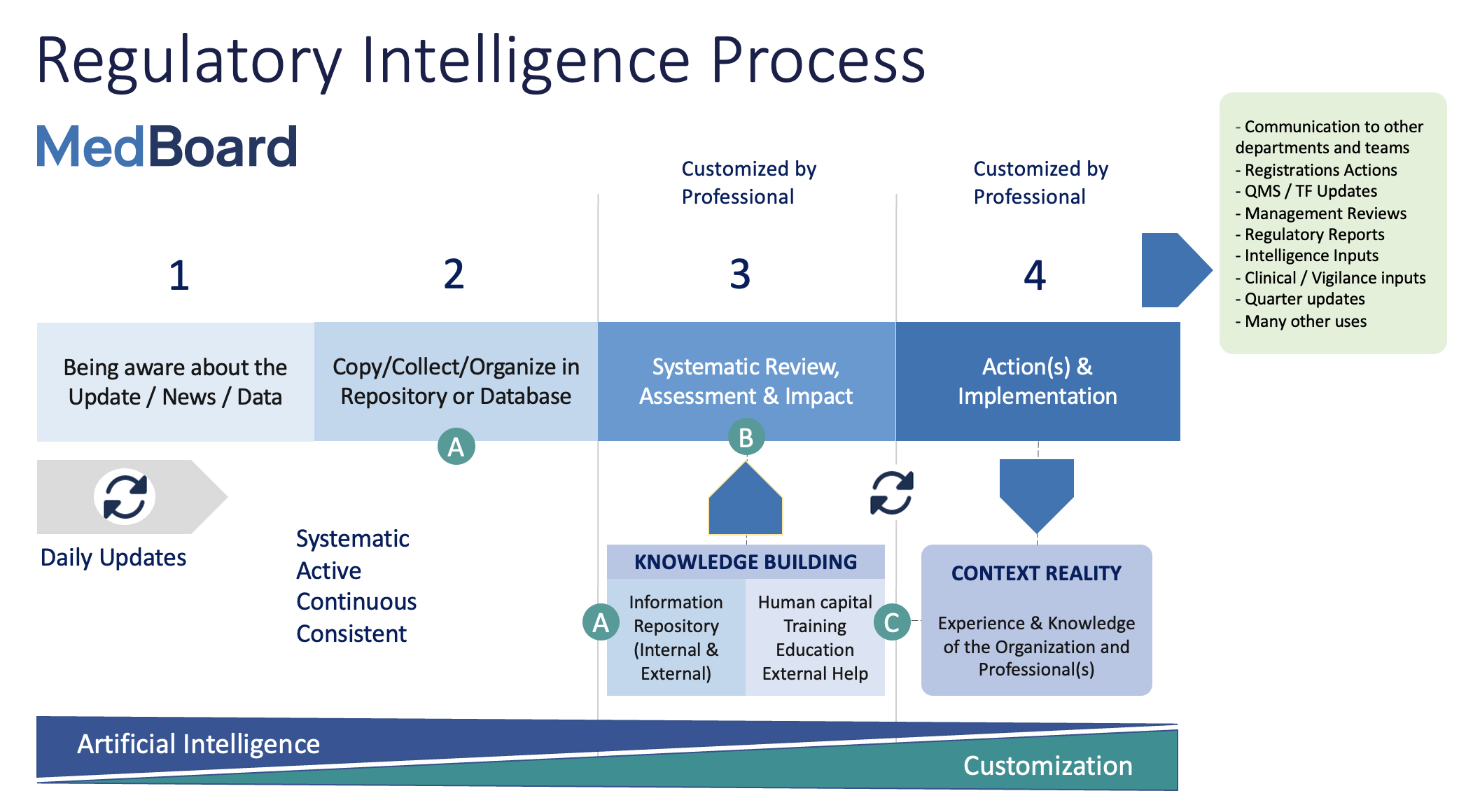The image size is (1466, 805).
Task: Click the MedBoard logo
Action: (x=167, y=147)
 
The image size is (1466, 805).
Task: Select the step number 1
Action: (x=179, y=275)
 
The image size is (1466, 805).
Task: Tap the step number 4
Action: (x=1035, y=275)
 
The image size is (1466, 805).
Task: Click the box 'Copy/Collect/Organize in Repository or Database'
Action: (x=456, y=381)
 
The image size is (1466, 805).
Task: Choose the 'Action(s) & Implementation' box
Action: (x=1038, y=381)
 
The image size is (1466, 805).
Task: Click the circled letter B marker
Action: (x=746, y=437)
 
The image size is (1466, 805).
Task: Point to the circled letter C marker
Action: (x=892, y=622)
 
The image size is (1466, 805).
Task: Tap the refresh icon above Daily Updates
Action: (x=125, y=497)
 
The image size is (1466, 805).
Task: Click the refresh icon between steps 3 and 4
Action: (x=892, y=493)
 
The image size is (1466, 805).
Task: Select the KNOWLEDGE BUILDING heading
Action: (x=746, y=562)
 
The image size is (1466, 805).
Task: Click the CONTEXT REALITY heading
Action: (x=1036, y=573)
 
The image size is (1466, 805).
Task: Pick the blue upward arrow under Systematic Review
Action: (x=746, y=498)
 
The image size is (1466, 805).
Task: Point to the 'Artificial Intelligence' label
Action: (x=198, y=744)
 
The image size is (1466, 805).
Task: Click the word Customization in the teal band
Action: (x=1048, y=766)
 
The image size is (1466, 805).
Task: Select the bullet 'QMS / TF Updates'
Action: (x=1306, y=191)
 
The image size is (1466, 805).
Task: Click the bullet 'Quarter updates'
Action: (x=1300, y=299)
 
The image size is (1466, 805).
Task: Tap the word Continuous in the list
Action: (x=356, y=602)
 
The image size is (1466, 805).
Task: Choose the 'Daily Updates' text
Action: (x=113, y=558)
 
